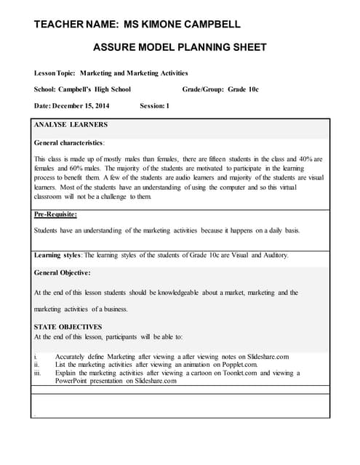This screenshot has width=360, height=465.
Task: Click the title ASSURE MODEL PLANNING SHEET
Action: tap(180, 48)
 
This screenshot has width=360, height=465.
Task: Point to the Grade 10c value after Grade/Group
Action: tap(243, 89)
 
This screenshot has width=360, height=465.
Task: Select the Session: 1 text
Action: tap(154, 106)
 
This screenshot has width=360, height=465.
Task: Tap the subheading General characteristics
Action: tap(69, 142)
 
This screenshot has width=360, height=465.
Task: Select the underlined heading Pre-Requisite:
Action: tap(56, 214)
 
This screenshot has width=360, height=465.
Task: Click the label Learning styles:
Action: tap(58, 255)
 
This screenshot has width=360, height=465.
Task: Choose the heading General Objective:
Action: tap(63, 272)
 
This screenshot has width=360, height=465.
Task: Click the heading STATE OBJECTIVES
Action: tap(68, 327)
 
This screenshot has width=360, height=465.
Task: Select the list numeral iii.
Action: tap(39, 373)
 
